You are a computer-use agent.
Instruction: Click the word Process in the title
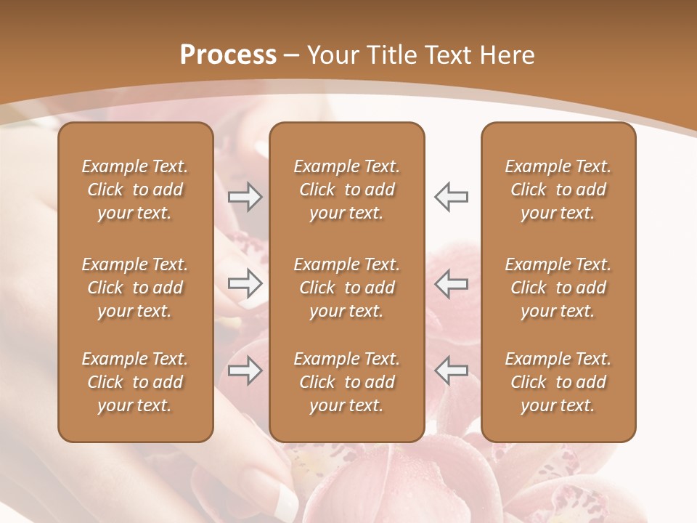click(x=228, y=55)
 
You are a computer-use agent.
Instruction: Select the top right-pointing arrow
click(x=245, y=196)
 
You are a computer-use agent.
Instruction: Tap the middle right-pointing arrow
click(x=245, y=283)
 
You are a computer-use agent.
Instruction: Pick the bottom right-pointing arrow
click(x=245, y=370)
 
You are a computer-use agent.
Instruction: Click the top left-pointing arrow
click(x=451, y=196)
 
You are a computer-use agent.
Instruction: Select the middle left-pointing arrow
click(x=451, y=283)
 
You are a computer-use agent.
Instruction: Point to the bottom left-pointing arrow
click(x=451, y=370)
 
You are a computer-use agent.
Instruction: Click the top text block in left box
click(x=135, y=190)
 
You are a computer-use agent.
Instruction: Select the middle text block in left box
click(x=135, y=288)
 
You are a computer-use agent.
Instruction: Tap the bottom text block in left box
click(x=135, y=382)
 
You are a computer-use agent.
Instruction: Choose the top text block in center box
click(x=347, y=190)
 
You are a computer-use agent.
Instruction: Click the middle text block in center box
click(x=347, y=288)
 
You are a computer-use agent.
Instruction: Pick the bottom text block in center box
click(x=347, y=382)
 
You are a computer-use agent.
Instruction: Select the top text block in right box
click(x=558, y=190)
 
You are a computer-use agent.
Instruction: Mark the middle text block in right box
click(x=558, y=288)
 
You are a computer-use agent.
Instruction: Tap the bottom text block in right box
click(x=558, y=382)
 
